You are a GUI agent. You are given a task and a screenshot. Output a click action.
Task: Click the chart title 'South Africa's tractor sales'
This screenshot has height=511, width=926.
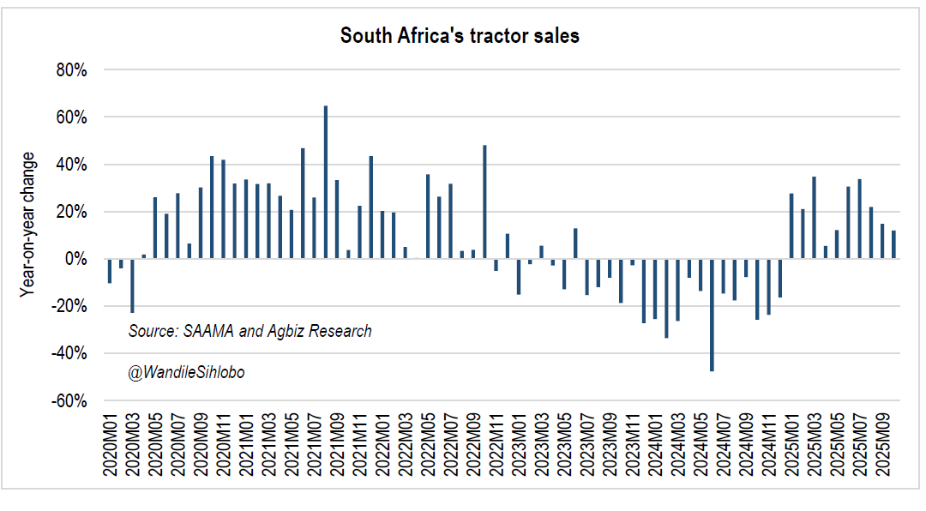click(x=460, y=36)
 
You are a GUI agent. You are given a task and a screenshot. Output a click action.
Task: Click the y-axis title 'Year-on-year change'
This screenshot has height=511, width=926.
click(x=28, y=225)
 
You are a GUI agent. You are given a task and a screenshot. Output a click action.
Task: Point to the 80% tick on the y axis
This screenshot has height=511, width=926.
click(x=71, y=70)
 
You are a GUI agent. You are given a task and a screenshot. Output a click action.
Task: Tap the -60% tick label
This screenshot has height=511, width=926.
click(x=69, y=401)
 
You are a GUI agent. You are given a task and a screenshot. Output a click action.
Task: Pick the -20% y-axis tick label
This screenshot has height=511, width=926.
click(x=69, y=306)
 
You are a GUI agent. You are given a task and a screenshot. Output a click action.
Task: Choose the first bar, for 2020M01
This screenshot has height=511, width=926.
click(x=110, y=271)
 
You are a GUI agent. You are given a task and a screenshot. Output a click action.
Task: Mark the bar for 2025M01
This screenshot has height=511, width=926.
click(x=791, y=226)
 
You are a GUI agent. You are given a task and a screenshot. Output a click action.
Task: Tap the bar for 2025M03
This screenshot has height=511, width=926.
click(x=814, y=218)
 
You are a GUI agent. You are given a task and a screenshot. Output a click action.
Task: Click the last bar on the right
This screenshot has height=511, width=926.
click(x=893, y=244)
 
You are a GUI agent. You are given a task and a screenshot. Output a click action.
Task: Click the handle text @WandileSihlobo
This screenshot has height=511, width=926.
click(x=186, y=373)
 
